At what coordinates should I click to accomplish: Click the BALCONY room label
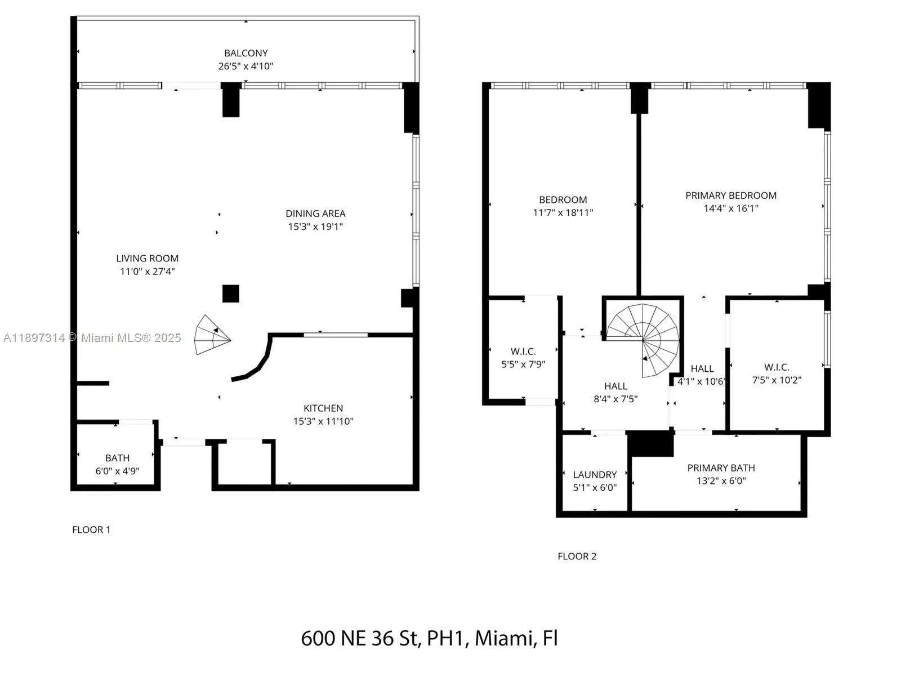point(246,53)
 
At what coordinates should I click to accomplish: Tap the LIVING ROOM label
point(148,258)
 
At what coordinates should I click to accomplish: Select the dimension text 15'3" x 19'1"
point(315,226)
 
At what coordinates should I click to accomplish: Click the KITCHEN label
point(323,408)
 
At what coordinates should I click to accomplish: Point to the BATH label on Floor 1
point(117,457)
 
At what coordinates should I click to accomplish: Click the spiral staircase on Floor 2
point(643,340)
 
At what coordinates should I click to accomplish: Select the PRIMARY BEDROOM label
point(730,195)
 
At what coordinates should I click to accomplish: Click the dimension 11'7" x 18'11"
point(563,212)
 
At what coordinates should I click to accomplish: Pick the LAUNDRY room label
point(595,474)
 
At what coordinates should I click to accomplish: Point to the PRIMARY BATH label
point(721,468)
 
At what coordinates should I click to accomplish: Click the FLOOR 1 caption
point(91,530)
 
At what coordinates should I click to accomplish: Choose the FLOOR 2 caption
point(577,556)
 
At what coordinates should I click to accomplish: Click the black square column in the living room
point(231,293)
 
